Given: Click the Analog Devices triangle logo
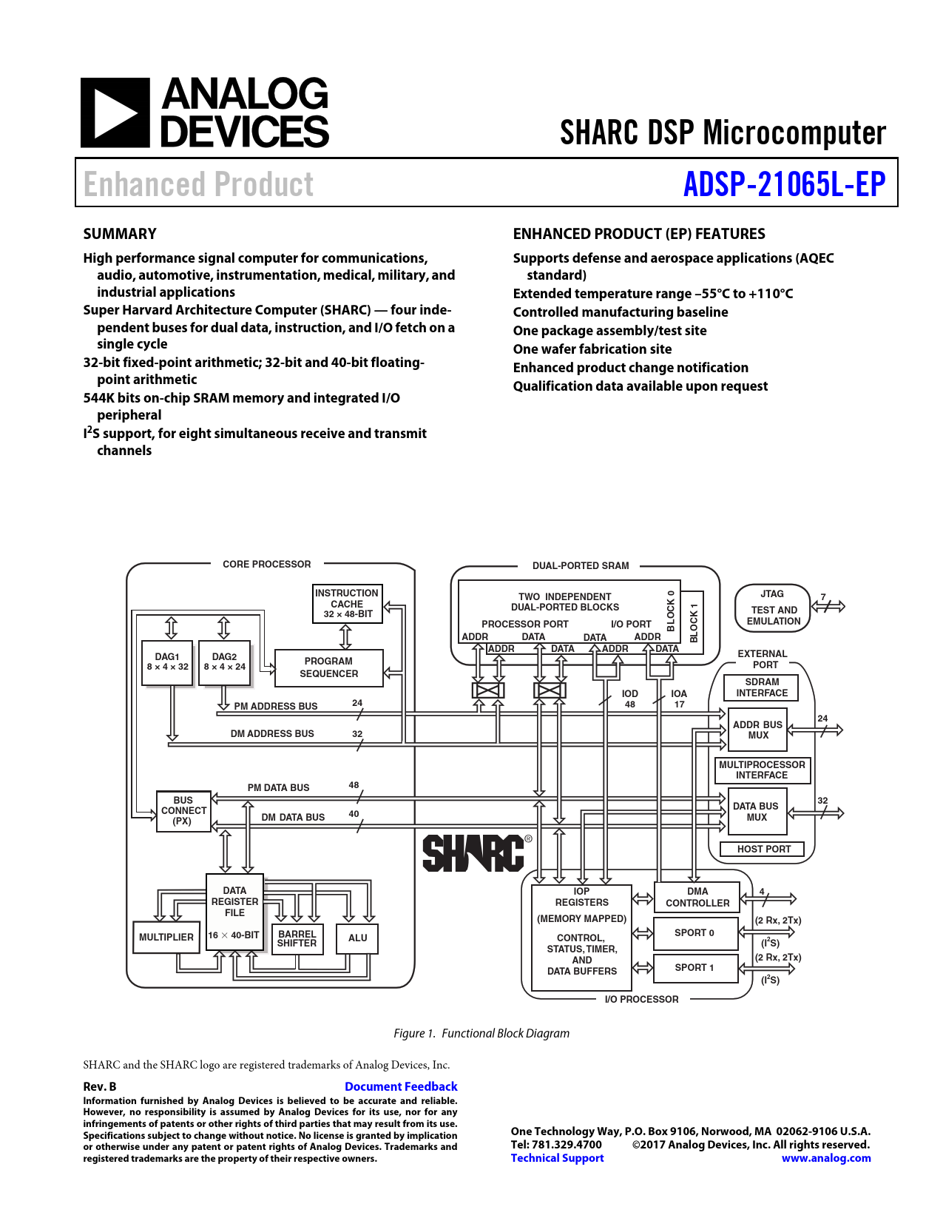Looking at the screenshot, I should [x=115, y=112].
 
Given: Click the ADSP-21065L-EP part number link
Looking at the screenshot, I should [x=784, y=184].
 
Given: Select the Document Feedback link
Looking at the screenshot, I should [x=401, y=1086].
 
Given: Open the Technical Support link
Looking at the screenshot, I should [x=557, y=1158].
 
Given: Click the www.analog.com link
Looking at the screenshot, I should [x=826, y=1158].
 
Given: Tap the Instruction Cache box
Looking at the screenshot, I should [x=347, y=604].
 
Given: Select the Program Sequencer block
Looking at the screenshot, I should [x=329, y=667].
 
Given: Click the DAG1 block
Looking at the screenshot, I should [x=167, y=662].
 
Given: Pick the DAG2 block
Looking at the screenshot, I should [x=224, y=662].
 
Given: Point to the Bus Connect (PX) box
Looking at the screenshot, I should [x=183, y=811].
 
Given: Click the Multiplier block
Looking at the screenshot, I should [x=166, y=937].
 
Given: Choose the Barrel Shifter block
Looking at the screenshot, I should [x=297, y=938].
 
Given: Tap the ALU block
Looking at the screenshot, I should [x=358, y=938].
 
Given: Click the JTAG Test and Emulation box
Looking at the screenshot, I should [x=773, y=608].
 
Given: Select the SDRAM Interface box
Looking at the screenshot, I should [x=762, y=687].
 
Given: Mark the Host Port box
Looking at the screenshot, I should [x=763, y=850].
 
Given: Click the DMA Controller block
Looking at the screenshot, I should [x=697, y=897].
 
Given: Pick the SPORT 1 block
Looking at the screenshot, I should [x=694, y=967].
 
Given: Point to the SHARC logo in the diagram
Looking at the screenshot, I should [x=474, y=853].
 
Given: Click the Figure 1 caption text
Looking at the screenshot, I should [x=481, y=1033].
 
